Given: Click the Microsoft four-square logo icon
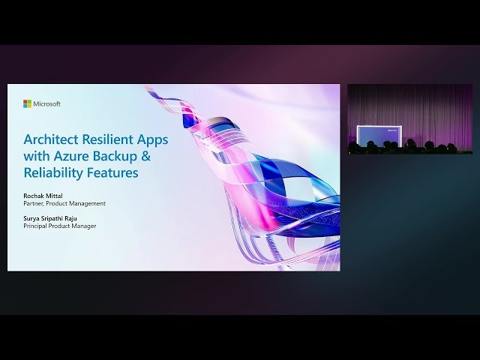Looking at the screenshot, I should (27, 103).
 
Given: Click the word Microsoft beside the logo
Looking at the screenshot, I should (47, 103).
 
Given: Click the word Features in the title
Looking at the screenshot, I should (113, 172).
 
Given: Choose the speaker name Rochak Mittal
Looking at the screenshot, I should (44, 196).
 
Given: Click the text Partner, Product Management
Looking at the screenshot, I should (64, 203).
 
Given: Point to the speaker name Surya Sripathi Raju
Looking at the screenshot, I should (53, 218).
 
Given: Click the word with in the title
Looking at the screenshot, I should (37, 156).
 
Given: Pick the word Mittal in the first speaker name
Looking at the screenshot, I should (55, 196).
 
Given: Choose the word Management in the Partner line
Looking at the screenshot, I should (88, 203).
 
